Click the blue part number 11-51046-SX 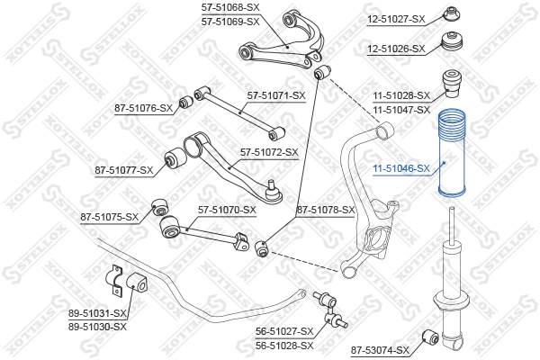pyautogui.click(x=401, y=168)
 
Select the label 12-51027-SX pyautogui.click(x=396, y=19)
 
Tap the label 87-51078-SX pyautogui.click(x=326, y=210)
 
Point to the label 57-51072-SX pyautogui.click(x=269, y=152)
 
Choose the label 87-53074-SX pyautogui.click(x=380, y=351)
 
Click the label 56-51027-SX pyautogui.click(x=284, y=331)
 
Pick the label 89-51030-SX pyautogui.click(x=97, y=327)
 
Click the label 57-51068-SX pyautogui.click(x=230, y=7)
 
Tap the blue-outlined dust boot pyautogui.click(x=451, y=153)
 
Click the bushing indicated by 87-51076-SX pyautogui.click(x=186, y=102)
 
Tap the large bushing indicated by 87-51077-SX pyautogui.click(x=175, y=158)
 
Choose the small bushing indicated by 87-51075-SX pyautogui.click(x=160, y=207)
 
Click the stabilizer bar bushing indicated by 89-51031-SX pyautogui.click(x=137, y=283)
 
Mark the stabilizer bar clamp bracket pyautogui.click(x=113, y=281)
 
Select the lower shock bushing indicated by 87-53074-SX pyautogui.click(x=430, y=337)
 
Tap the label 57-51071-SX pyautogui.click(x=276, y=95)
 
